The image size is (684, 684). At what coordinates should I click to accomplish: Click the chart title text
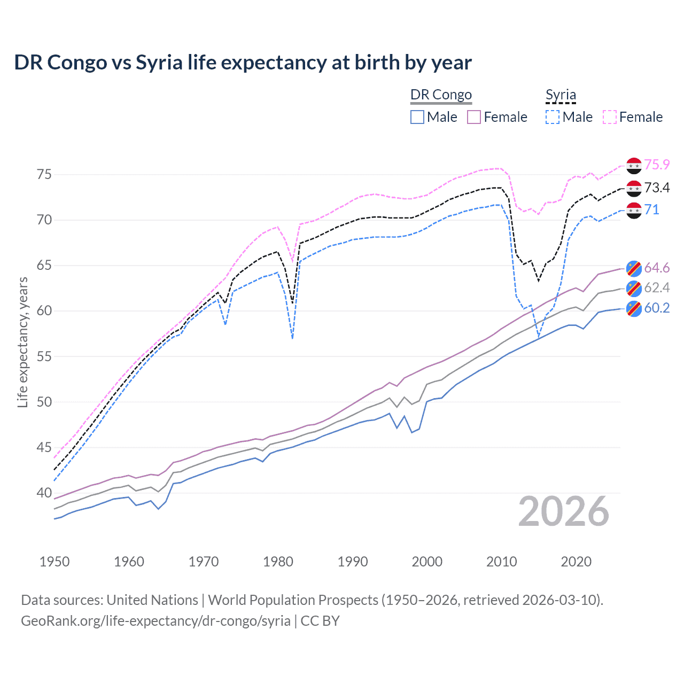click(243, 63)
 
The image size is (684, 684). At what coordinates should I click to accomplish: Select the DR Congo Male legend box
click(417, 117)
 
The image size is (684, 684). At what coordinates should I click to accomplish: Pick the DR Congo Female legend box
click(475, 117)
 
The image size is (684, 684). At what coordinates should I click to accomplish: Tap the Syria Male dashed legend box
click(553, 117)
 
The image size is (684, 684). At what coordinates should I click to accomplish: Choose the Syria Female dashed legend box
click(610, 117)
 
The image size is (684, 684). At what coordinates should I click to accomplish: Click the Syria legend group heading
click(561, 95)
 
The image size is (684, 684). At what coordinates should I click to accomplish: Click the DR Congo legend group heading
click(441, 95)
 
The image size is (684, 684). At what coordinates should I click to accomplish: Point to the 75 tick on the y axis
click(44, 175)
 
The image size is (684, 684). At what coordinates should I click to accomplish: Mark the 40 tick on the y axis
click(44, 493)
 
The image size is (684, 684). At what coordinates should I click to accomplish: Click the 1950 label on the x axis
click(55, 562)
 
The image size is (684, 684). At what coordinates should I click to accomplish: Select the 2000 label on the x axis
click(427, 562)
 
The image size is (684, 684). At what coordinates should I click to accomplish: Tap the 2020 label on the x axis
click(576, 562)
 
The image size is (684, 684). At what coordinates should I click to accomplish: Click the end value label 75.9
click(657, 165)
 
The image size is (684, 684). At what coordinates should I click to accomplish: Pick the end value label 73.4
click(657, 188)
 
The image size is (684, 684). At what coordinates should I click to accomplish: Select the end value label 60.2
click(657, 308)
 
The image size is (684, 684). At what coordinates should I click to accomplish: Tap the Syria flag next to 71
click(634, 210)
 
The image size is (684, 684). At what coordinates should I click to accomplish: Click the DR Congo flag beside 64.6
click(634, 268)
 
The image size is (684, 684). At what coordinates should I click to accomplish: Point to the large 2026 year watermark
click(564, 511)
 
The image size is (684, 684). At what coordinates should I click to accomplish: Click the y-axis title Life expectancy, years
click(22, 342)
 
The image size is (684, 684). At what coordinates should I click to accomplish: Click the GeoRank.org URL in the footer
click(156, 621)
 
